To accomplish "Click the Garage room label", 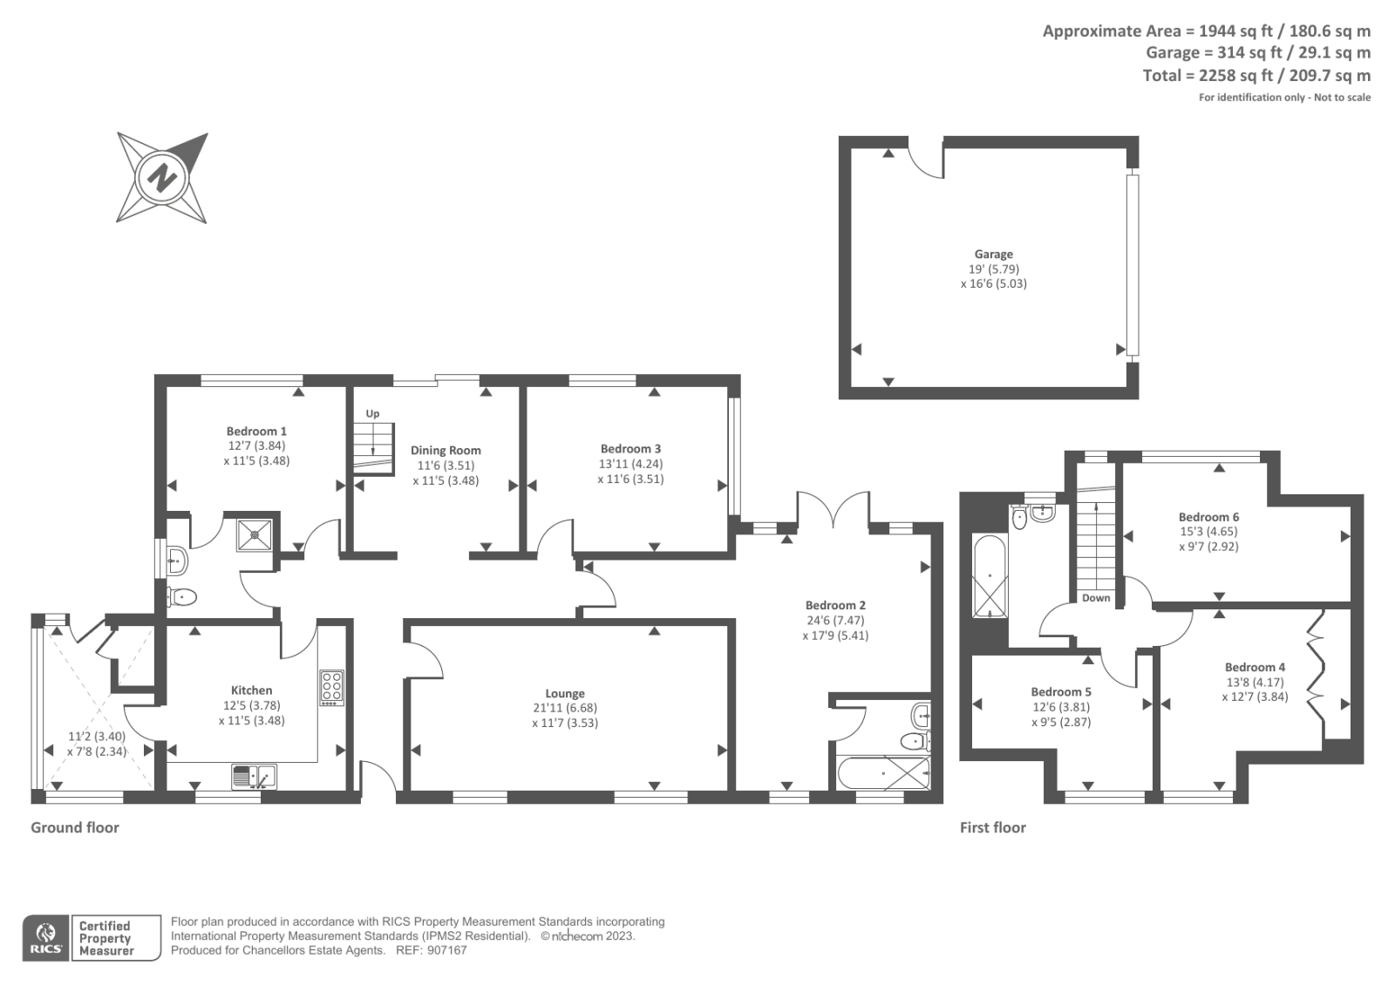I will pyautogui.click(x=993, y=255).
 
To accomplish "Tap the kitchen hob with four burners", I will pyautogui.click(x=332, y=687).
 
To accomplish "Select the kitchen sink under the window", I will pyautogui.click(x=254, y=774).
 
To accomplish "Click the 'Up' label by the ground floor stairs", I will pyautogui.click(x=372, y=413).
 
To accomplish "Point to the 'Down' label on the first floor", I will pyautogui.click(x=1096, y=598).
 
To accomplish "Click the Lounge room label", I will pyautogui.click(x=565, y=694).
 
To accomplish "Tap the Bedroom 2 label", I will pyautogui.click(x=835, y=605).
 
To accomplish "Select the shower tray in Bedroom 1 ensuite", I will pyautogui.click(x=255, y=534).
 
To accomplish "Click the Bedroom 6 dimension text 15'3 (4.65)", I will pyautogui.click(x=1208, y=532).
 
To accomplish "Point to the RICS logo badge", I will pyautogui.click(x=46, y=938).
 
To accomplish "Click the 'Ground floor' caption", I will pyautogui.click(x=75, y=827).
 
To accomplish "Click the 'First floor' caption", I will pyautogui.click(x=992, y=827).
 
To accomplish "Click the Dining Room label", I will pyautogui.click(x=446, y=451).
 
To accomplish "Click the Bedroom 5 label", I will pyautogui.click(x=1061, y=692).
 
